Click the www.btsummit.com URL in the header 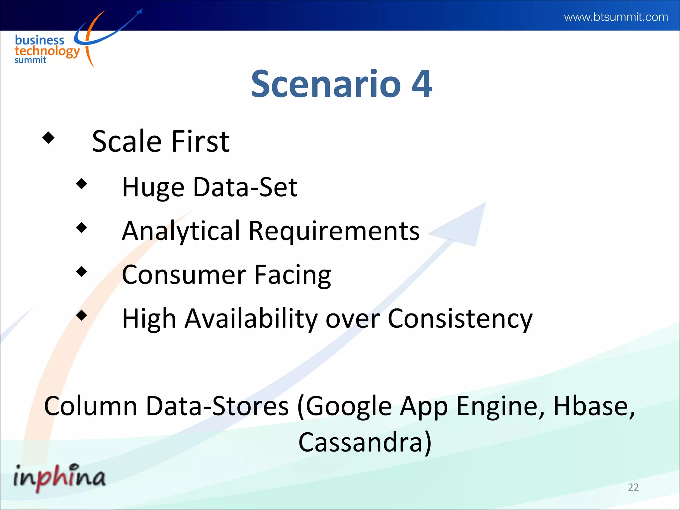pyautogui.click(x=616, y=17)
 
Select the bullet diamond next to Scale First pyautogui.click(x=48, y=137)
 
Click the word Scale pyautogui.click(x=127, y=141)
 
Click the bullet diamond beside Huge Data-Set pyautogui.click(x=81, y=184)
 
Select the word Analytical pyautogui.click(x=181, y=231)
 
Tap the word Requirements pyautogui.click(x=334, y=231)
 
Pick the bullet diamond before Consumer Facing pyautogui.click(x=81, y=272)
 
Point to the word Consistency pyautogui.click(x=460, y=319)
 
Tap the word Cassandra pyautogui.click(x=360, y=442)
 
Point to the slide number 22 pyautogui.click(x=633, y=487)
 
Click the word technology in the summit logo pyautogui.click(x=47, y=51)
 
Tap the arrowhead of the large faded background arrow pyautogui.click(x=465, y=226)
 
